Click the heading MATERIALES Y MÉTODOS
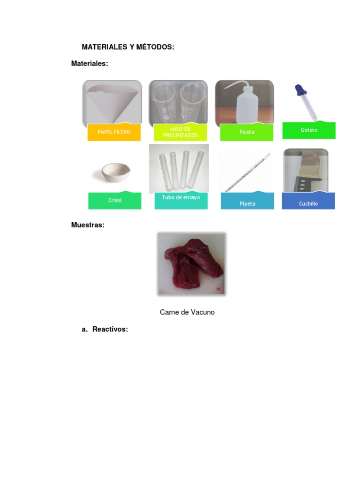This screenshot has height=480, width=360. click(128, 47)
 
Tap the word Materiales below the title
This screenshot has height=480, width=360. click(90, 63)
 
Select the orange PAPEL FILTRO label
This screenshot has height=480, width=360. click(114, 132)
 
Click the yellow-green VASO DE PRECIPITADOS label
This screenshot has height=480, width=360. click(180, 132)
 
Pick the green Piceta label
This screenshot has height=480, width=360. click(247, 132)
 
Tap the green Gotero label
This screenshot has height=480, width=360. click(309, 130)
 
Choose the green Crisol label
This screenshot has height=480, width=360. click(114, 200)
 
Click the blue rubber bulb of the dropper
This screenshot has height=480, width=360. click(299, 90)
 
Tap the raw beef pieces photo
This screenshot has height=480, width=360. click(191, 263)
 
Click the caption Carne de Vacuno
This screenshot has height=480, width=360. click(187, 312)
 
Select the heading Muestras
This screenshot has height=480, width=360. click(88, 225)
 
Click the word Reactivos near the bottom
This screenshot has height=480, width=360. click(110, 330)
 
